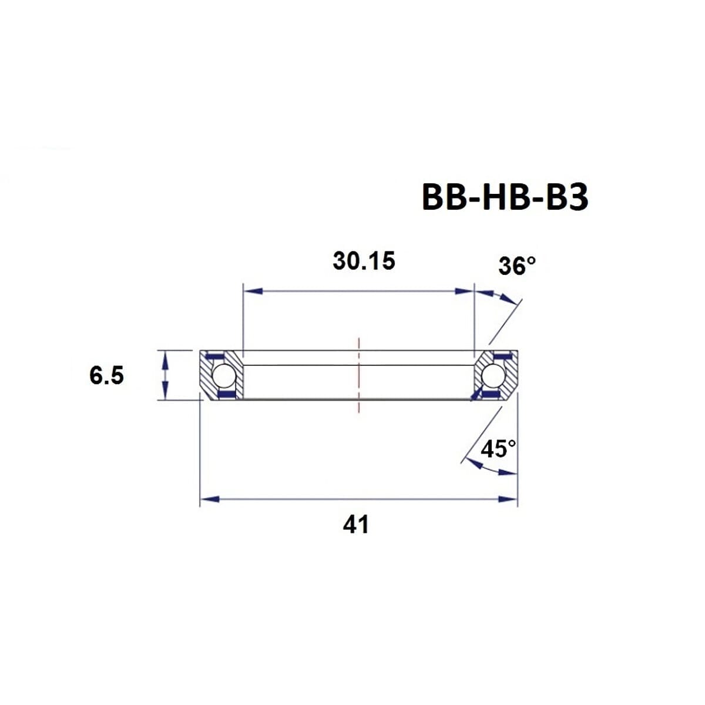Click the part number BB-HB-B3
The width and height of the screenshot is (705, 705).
(x=505, y=197)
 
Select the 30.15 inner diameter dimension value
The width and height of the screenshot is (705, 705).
(x=364, y=261)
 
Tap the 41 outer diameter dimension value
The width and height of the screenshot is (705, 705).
(x=356, y=524)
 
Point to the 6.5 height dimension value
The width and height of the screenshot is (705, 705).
(x=107, y=375)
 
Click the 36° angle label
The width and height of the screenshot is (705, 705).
(x=517, y=266)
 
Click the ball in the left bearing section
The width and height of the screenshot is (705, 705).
(x=222, y=375)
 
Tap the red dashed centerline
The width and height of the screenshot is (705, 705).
(x=358, y=376)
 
